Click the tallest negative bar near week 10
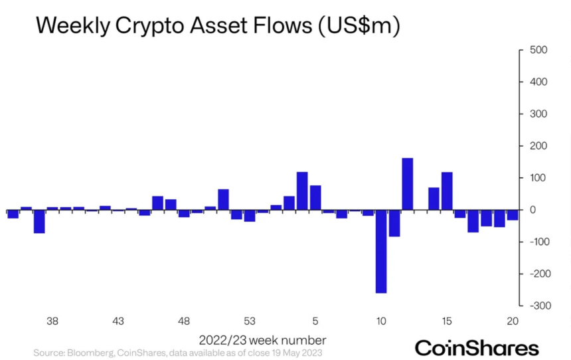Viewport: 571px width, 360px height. tap(381, 251)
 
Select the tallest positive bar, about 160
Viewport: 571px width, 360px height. tap(408, 184)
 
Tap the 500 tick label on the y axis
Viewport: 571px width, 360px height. tap(537, 50)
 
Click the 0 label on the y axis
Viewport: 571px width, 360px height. tap(532, 210)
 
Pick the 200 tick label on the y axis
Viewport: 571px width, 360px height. tap(537, 146)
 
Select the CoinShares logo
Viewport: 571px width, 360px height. tap(477, 347)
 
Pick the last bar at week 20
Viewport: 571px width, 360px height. tap(513, 215)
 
